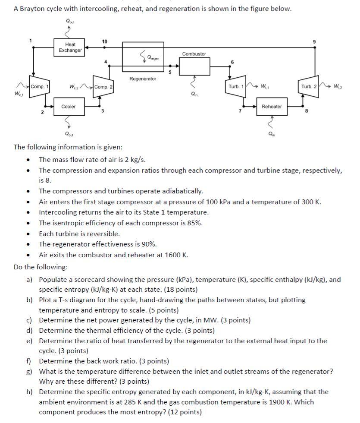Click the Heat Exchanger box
tap(70, 47)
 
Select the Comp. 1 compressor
tap(39, 87)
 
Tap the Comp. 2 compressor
tap(103, 87)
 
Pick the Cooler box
tap(69, 107)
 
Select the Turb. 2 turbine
tap(309, 87)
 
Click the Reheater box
tap(272, 107)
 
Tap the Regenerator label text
tap(143, 79)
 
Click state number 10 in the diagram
tap(104, 41)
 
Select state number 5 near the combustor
tap(170, 73)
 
